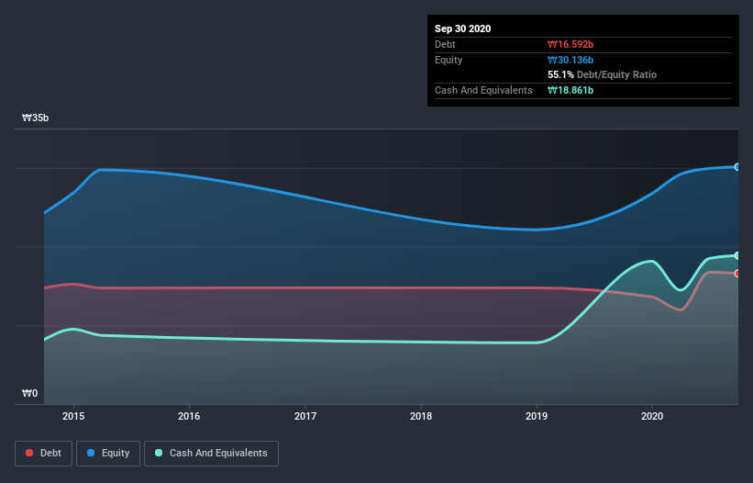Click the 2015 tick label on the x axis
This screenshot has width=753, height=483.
point(73,416)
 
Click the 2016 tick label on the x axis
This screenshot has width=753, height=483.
point(189,416)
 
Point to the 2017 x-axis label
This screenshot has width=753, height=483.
point(305,416)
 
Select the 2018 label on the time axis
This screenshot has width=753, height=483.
point(421,416)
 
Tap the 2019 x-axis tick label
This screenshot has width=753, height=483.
point(537,416)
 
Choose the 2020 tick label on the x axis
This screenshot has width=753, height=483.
point(652,416)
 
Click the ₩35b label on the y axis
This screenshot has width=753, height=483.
point(37,118)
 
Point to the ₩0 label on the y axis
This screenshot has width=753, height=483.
point(30,394)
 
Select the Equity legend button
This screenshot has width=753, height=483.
point(108,453)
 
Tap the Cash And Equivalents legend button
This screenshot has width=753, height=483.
point(211,453)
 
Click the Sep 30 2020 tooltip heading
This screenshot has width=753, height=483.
point(463,28)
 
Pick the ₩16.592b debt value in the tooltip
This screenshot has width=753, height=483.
point(570,44)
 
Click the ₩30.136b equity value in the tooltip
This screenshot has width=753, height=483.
point(570,60)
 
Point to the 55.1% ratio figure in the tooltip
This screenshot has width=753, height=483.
point(560,74)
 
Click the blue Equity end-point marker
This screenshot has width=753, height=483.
point(736,166)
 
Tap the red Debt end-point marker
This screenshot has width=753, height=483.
point(736,274)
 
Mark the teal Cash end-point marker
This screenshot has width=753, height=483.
point(736,255)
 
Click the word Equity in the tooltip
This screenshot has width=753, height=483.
point(449,60)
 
